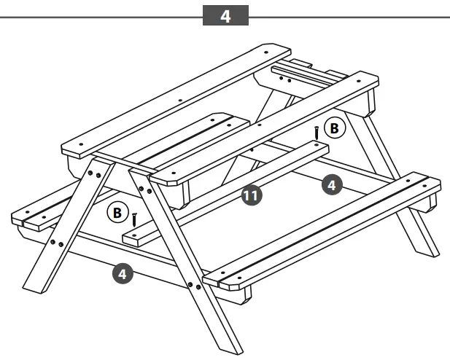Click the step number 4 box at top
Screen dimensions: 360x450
pos(225,16)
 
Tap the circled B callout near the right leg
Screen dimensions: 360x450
pos(335,128)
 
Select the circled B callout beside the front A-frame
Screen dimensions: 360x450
pos(116,213)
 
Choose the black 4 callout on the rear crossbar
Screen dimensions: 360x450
pos(331,186)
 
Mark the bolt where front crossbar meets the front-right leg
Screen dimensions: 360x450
pos(191,284)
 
